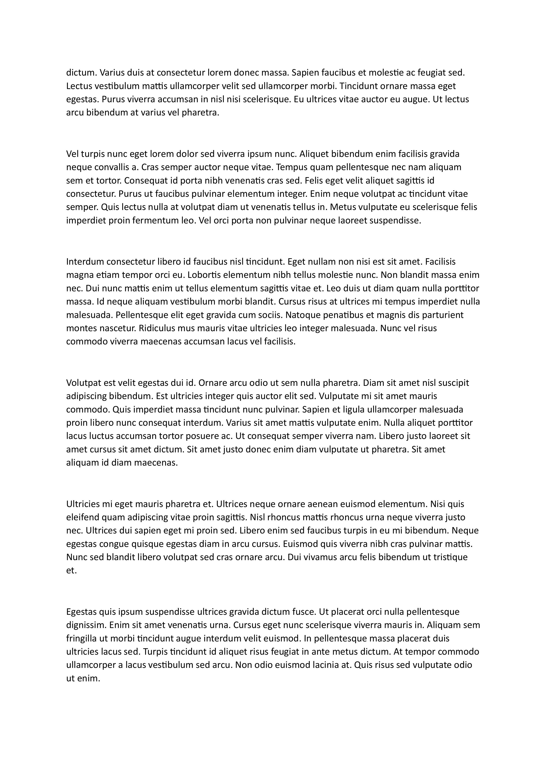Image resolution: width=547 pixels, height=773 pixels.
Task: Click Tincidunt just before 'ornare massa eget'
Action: point(358,86)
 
